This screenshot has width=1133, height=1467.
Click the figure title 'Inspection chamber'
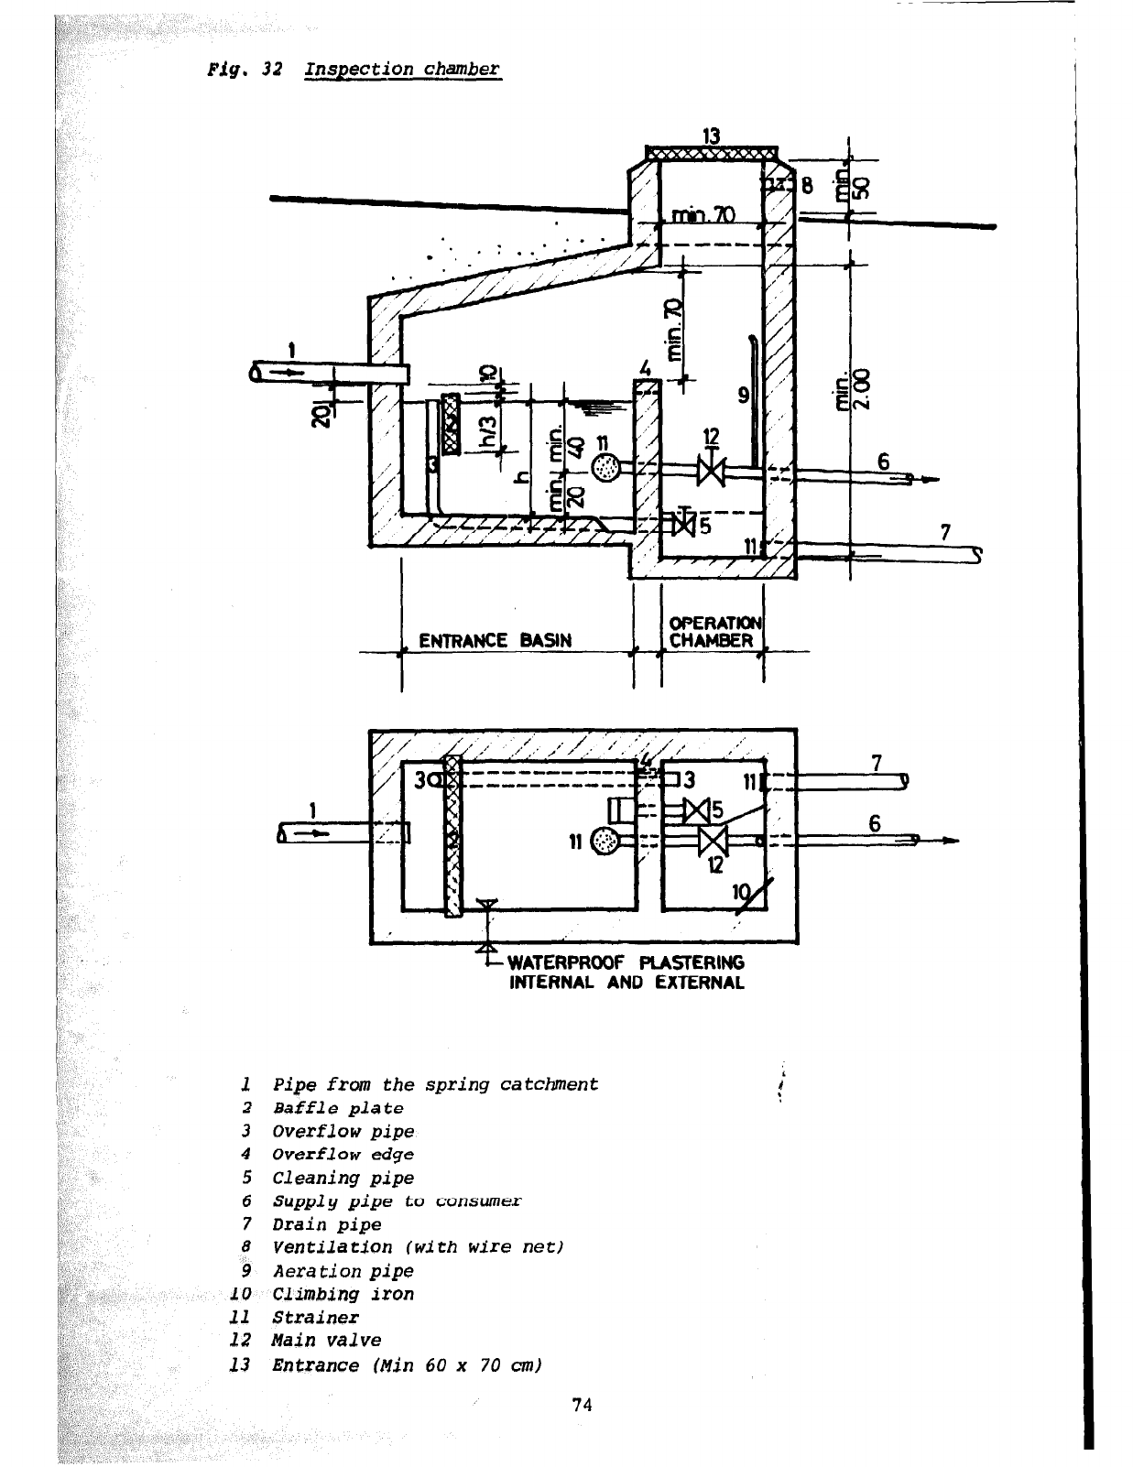(402, 70)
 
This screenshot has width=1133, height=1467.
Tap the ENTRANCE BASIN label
(495, 641)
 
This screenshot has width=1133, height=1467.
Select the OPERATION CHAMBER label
(714, 631)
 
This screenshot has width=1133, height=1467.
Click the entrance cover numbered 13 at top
(712, 153)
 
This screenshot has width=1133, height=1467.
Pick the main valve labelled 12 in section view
(710, 471)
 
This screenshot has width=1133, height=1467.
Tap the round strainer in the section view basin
(605, 467)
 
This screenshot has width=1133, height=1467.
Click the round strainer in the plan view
(605, 841)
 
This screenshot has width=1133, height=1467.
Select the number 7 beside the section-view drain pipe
(945, 532)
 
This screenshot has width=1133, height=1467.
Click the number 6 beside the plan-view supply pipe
(875, 823)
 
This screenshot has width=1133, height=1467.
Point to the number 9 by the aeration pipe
(743, 396)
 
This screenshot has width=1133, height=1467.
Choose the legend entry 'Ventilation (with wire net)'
(418, 1247)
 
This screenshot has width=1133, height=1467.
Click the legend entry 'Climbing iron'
(343, 1294)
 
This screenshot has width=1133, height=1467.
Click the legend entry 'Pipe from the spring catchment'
(435, 1085)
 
